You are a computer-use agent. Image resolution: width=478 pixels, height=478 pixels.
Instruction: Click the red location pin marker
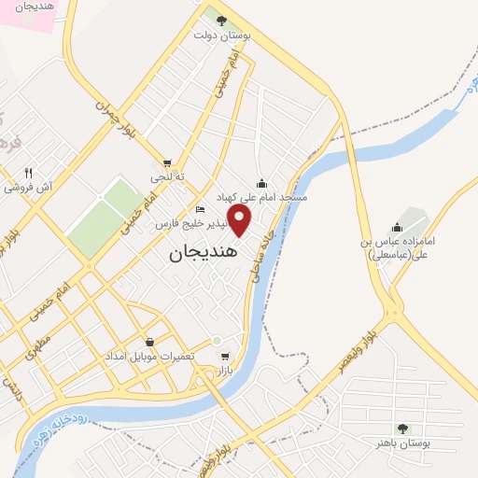click(x=240, y=221)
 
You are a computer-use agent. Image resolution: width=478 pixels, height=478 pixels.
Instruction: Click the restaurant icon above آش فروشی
click(x=29, y=173)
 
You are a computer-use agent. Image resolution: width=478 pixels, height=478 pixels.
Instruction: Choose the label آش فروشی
click(x=28, y=187)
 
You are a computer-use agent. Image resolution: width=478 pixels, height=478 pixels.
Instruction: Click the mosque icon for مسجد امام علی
click(x=262, y=183)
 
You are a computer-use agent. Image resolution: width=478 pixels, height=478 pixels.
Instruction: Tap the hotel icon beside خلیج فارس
click(x=200, y=209)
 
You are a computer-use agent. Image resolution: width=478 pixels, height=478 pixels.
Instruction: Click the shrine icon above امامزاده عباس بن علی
click(x=398, y=227)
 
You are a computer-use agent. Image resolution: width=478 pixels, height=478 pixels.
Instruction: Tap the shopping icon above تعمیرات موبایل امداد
click(x=149, y=343)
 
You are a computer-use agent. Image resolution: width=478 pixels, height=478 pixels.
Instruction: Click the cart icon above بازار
click(x=225, y=357)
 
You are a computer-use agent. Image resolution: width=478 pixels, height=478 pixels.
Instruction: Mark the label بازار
click(x=223, y=371)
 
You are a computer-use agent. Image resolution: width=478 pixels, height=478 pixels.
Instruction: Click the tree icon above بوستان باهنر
click(x=402, y=429)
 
